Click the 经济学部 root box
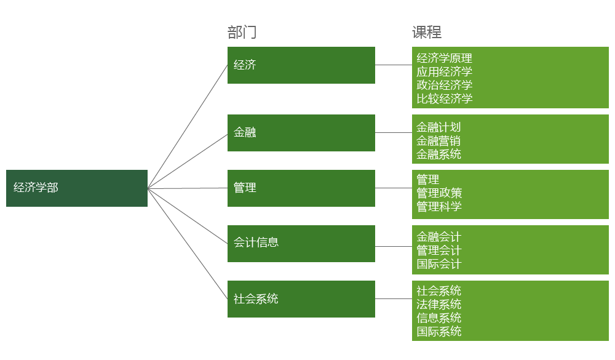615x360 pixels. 76,188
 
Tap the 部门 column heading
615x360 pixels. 242,33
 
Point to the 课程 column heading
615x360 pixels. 427,33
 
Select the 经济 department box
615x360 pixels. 301,65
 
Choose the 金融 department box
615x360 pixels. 301,132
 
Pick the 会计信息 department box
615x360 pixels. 301,243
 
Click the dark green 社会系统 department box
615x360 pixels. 301,298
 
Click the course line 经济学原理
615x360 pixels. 444,58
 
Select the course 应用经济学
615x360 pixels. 444,72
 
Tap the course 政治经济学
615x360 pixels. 444,86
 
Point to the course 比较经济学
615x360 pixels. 444,99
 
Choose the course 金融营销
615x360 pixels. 438,141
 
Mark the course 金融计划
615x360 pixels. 438,127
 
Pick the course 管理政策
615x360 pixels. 438,193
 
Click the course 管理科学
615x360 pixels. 438,207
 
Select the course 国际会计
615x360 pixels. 438,264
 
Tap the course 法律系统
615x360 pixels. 438,304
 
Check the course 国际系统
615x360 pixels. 438,331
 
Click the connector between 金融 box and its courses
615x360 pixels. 394,132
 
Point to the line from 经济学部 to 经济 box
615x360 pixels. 188,126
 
